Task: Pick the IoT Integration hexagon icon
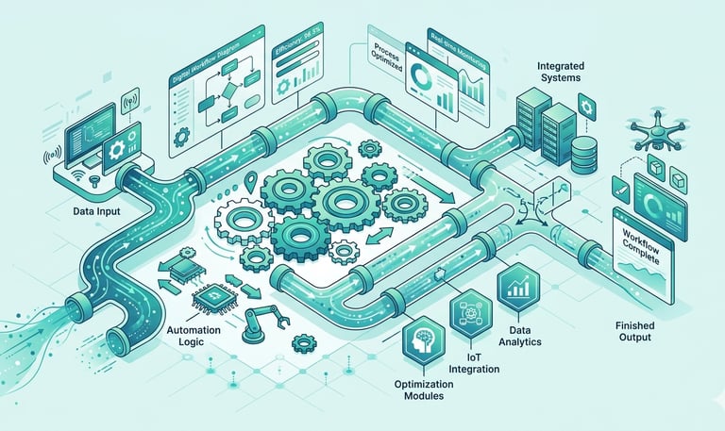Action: (x=468, y=311)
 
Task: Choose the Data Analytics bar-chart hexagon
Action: (x=517, y=284)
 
